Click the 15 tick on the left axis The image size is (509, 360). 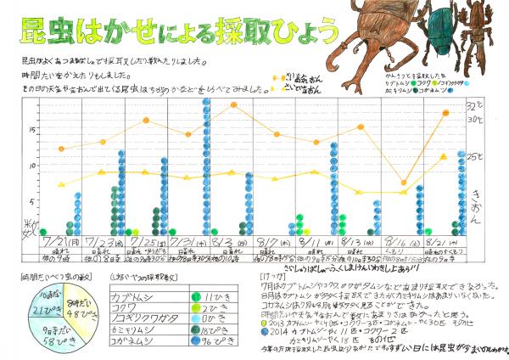[32, 130]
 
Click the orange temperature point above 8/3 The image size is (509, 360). [233, 104]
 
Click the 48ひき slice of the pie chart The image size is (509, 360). [78, 300]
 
